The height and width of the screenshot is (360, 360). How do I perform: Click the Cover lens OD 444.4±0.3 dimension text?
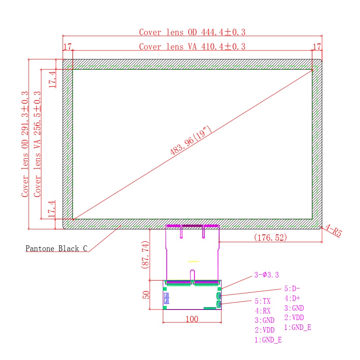click(192, 32)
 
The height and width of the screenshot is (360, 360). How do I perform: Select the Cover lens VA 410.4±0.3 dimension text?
click(192, 47)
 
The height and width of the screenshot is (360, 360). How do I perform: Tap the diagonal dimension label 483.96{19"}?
click(191, 140)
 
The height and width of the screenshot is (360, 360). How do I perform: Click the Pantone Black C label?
click(56, 248)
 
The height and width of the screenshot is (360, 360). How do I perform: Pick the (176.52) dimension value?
click(270, 238)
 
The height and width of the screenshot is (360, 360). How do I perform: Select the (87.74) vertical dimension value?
click(145, 255)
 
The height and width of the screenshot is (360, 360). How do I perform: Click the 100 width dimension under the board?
click(192, 319)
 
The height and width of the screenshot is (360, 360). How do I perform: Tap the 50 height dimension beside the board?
click(146, 295)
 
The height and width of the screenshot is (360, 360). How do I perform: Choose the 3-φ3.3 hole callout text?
click(266, 275)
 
